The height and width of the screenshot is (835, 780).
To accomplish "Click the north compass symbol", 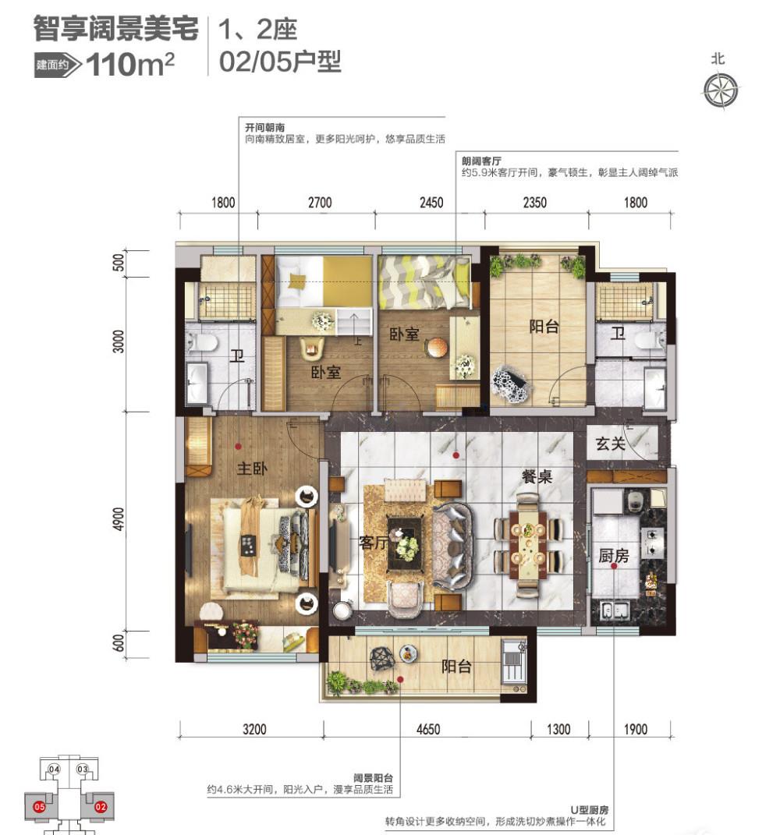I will tap(719, 89).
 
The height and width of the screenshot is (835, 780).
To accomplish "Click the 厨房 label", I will tap(614, 555).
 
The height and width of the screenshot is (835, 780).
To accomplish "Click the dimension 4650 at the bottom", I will tap(427, 730).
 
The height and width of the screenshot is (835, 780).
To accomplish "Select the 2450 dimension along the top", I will tap(430, 203).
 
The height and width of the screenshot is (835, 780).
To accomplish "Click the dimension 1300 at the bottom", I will tap(558, 730).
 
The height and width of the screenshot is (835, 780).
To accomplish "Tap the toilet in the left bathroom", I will tap(197, 341).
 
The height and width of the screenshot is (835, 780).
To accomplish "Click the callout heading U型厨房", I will tap(585, 810).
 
